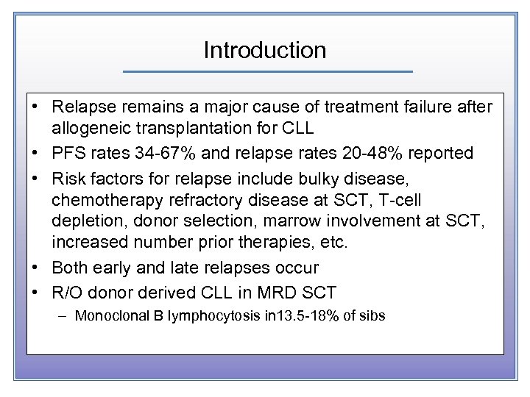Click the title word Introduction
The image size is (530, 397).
coord(265,50)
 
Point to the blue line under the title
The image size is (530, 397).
coord(267,71)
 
